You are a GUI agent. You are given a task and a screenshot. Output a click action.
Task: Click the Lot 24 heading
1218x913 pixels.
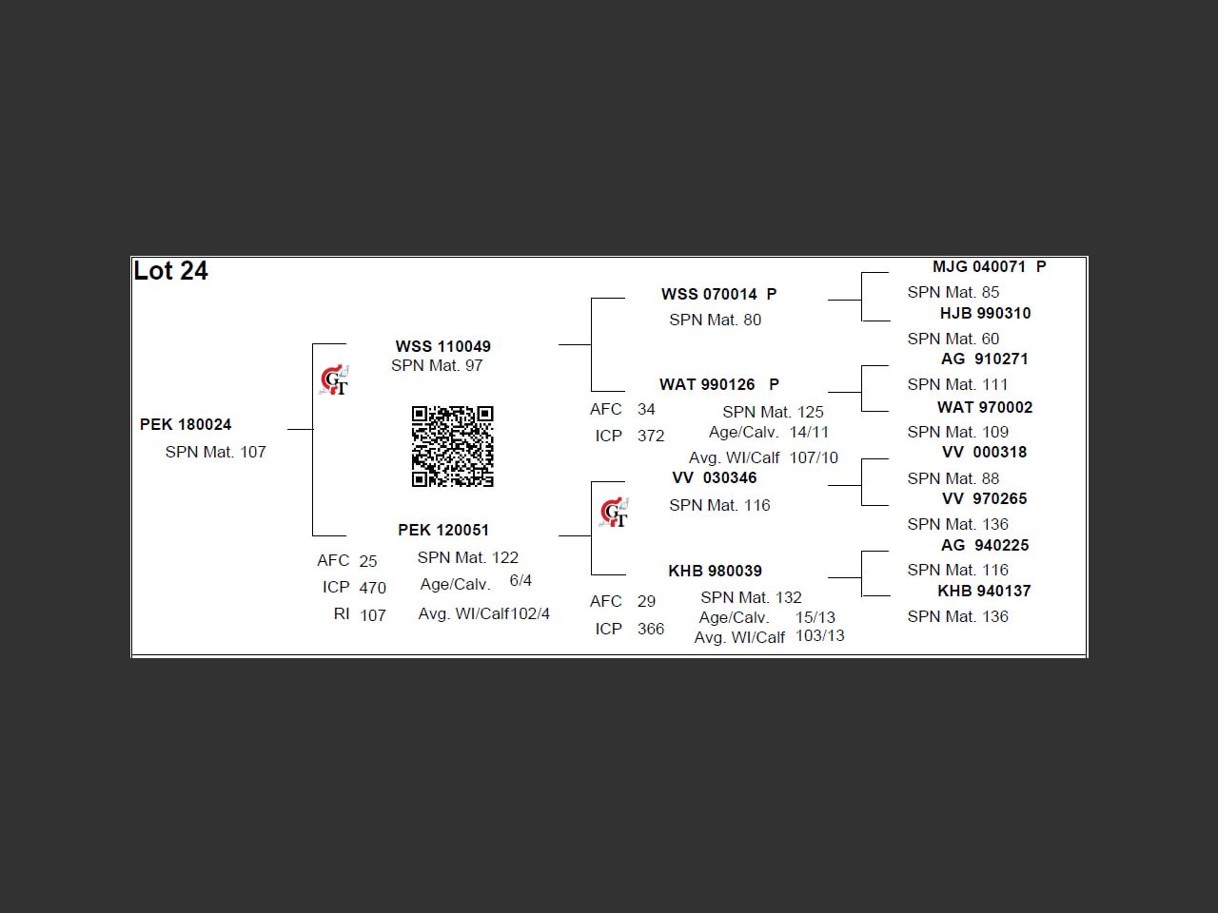point(171,271)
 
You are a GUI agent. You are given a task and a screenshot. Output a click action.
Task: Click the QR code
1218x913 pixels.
point(452,446)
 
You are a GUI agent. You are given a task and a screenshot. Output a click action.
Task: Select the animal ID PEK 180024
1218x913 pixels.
point(186,424)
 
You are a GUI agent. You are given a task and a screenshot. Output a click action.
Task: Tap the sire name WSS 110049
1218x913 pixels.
point(443,346)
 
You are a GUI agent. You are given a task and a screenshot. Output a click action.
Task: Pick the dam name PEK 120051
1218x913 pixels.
point(443,530)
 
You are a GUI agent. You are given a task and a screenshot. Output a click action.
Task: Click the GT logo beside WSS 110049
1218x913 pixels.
point(334,380)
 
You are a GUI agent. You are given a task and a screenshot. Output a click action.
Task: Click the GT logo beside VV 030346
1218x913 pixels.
point(615,513)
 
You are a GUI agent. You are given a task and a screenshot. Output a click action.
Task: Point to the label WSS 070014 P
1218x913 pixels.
point(718,294)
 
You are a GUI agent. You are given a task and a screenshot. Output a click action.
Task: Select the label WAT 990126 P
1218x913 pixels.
point(718,384)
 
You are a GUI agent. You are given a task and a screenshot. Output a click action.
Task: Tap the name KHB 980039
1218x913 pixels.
point(715,571)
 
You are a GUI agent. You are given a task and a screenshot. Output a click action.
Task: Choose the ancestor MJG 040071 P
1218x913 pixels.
point(989,266)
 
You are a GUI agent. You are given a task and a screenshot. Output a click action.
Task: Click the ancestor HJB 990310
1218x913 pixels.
point(985,313)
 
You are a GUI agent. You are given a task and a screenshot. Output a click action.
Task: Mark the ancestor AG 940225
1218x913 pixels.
point(985,545)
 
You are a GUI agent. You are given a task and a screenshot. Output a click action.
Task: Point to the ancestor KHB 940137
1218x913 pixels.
point(984,591)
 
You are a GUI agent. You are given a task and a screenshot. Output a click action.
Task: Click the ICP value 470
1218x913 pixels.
point(372,588)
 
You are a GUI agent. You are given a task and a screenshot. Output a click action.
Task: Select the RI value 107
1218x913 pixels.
point(372,615)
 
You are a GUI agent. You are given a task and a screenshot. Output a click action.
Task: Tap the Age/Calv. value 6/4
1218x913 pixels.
point(521,580)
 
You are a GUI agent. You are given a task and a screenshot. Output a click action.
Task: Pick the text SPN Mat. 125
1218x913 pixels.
point(773,412)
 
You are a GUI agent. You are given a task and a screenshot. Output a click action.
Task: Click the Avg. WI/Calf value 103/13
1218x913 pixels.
point(819,635)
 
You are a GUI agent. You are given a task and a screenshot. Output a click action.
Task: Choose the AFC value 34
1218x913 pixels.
point(646,409)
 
